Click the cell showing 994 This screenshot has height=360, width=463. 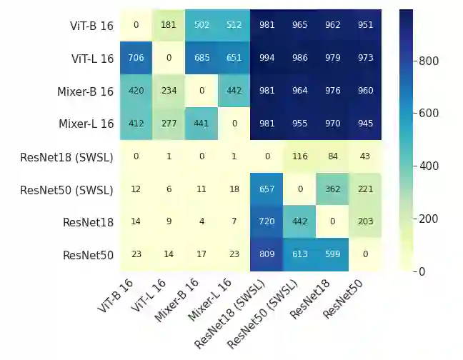pyautogui.click(x=267, y=59)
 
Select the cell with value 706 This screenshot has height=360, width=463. pyautogui.click(x=135, y=59)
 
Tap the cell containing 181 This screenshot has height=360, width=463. pyautogui.click(x=168, y=26)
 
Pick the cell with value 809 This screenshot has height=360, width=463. pyautogui.click(x=267, y=255)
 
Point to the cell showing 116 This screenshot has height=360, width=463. pyautogui.click(x=299, y=157)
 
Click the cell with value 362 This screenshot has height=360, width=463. pyautogui.click(x=332, y=190)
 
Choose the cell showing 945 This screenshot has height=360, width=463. pyautogui.click(x=365, y=124)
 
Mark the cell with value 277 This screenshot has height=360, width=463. pyautogui.click(x=168, y=124)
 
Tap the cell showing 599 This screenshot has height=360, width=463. pyautogui.click(x=332, y=255)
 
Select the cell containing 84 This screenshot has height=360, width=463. pyautogui.click(x=332, y=157)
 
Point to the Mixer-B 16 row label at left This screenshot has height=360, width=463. pyautogui.click(x=85, y=91)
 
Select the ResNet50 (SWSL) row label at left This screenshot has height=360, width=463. pyautogui.click(x=66, y=190)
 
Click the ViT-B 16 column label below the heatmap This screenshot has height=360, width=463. pyautogui.click(x=117, y=296)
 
